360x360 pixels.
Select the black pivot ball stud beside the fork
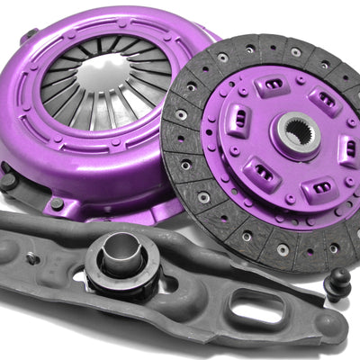pos(339,286)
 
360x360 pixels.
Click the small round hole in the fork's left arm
pos(33,257)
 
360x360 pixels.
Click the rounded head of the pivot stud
pos(340,275)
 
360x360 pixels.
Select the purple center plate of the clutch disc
pos(297,171)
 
